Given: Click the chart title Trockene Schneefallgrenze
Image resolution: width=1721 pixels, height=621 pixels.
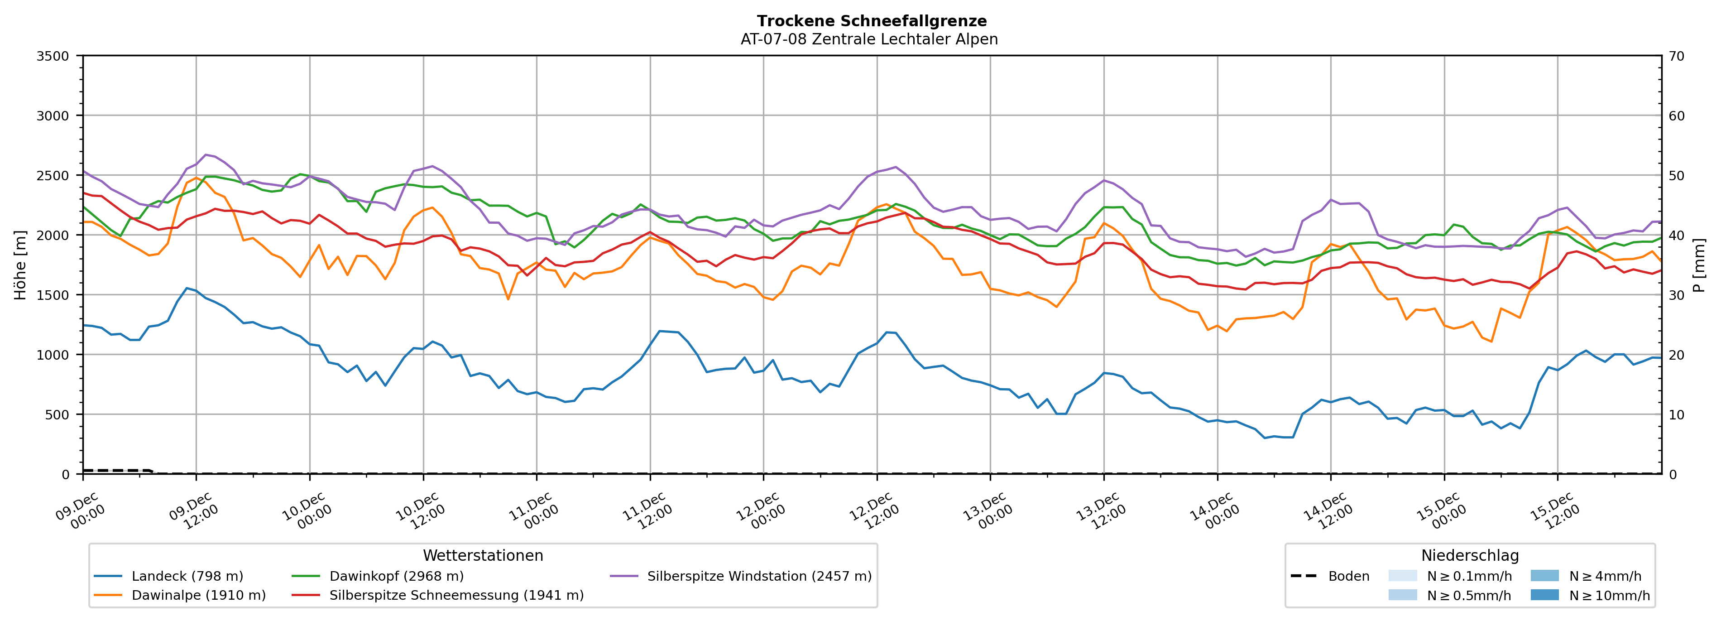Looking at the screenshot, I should pyautogui.click(x=871, y=21).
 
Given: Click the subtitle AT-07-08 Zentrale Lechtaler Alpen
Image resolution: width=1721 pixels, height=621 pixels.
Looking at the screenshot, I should pyautogui.click(x=868, y=39).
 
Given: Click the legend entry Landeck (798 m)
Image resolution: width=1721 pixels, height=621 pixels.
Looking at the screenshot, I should pyautogui.click(x=187, y=576).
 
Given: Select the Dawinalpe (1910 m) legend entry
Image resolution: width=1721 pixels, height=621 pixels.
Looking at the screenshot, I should pyautogui.click(x=198, y=596).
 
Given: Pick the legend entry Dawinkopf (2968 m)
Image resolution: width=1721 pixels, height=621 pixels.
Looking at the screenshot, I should pyautogui.click(x=396, y=576).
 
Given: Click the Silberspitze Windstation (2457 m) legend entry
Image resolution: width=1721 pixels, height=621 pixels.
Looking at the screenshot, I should pyautogui.click(x=759, y=576).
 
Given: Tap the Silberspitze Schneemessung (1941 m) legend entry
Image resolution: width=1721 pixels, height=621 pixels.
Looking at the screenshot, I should pyautogui.click(x=456, y=596).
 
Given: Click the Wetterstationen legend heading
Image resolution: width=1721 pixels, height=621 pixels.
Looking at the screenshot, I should pyautogui.click(x=483, y=555).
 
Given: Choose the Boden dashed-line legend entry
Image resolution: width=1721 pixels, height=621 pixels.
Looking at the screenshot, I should pyautogui.click(x=1348, y=576).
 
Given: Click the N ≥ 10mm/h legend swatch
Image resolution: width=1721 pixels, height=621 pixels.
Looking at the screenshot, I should pyautogui.click(x=1544, y=595).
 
